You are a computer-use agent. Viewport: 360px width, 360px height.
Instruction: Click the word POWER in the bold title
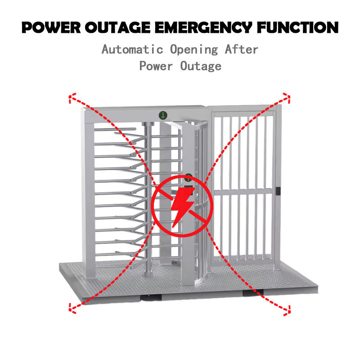pos(51,27)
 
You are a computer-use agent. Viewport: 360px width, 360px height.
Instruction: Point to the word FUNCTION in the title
pos(298,27)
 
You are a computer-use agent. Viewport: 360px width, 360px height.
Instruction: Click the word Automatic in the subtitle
pos(132,49)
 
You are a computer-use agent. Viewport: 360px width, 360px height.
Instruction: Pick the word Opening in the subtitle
pos(194,50)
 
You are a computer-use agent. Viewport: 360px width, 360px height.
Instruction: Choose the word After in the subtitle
pos(242,49)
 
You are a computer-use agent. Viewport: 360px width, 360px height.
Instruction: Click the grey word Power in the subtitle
pos(156,66)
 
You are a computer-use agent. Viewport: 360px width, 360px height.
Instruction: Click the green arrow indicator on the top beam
pos(163,115)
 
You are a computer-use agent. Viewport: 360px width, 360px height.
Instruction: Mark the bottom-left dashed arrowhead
pos(72,308)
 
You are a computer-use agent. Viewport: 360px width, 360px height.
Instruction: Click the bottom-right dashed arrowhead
pos(287,310)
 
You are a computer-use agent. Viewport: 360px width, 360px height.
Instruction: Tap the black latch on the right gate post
pos(278,191)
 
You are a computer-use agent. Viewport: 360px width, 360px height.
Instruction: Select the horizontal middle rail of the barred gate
pos(243,191)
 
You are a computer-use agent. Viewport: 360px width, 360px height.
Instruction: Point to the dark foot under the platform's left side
pos(151,297)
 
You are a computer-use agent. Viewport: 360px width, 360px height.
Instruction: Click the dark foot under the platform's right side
pos(253,293)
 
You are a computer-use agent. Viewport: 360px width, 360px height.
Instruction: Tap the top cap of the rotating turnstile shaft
pos(148,124)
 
